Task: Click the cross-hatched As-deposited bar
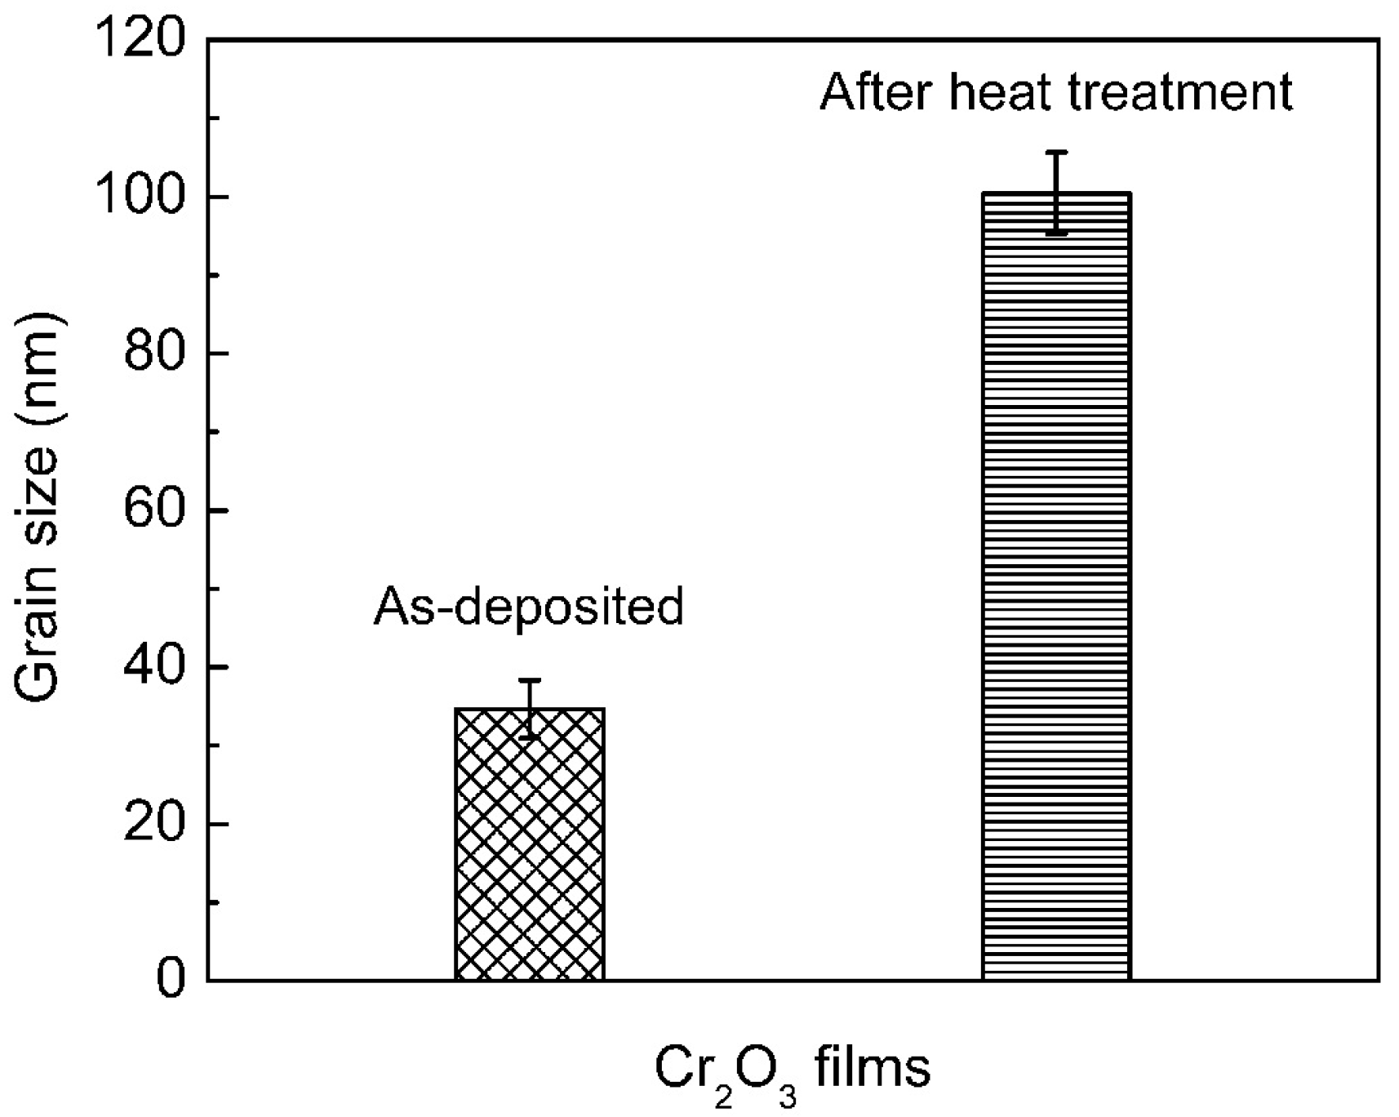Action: (529, 845)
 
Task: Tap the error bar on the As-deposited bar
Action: (530, 708)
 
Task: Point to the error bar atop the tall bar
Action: (1057, 193)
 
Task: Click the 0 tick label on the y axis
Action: (171, 979)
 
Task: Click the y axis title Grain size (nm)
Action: (37, 506)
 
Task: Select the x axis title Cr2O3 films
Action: (793, 1071)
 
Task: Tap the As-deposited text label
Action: (528, 607)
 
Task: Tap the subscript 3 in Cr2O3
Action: (787, 1095)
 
